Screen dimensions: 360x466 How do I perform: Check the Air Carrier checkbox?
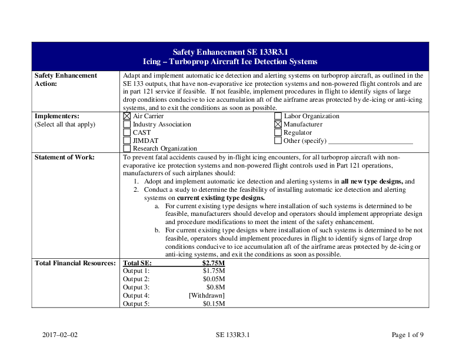127,116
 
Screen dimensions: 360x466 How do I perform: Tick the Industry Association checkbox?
127,125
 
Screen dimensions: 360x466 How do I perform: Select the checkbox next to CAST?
127,133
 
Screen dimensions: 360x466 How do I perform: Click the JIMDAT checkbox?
127,141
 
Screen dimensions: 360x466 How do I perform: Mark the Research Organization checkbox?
127,149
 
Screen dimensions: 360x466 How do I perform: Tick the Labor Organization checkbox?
278,116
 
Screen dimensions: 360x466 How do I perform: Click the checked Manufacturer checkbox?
278,125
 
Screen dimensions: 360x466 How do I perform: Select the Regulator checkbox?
278,133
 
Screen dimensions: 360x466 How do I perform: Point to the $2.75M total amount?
214,263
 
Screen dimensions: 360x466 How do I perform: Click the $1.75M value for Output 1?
214,271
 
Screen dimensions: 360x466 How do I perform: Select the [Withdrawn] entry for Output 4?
207,295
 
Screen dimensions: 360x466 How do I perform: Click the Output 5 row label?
136,304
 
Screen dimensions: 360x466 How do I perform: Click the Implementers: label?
57,116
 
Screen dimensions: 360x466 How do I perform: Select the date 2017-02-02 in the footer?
60,335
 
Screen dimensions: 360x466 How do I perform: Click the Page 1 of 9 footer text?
407,335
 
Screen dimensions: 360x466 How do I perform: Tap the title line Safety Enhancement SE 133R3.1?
230,52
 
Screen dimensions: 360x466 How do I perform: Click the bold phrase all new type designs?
371,182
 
